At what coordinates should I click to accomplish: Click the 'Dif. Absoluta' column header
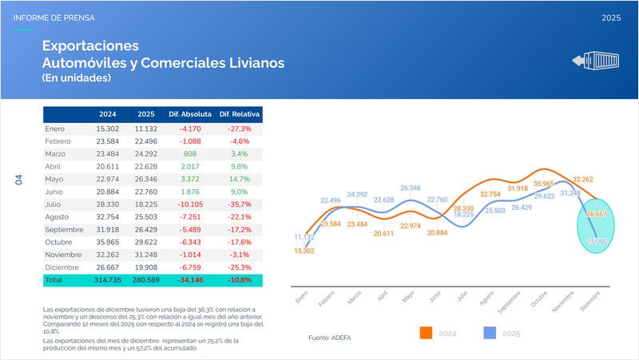(189, 114)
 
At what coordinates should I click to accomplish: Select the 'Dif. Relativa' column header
(240, 114)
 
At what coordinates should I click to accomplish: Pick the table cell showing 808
(189, 152)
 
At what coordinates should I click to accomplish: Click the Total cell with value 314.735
(108, 281)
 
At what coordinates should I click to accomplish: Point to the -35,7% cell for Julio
(240, 204)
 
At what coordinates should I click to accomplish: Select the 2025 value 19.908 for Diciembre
(147, 267)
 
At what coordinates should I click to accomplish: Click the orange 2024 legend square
(426, 333)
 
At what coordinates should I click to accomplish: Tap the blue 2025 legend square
(494, 333)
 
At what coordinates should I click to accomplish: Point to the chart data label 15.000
(596, 240)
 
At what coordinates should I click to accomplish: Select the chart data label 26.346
(411, 188)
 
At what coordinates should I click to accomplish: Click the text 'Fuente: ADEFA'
(329, 338)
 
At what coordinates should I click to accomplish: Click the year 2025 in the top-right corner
(611, 17)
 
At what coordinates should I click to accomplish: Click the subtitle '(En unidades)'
(76, 78)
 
